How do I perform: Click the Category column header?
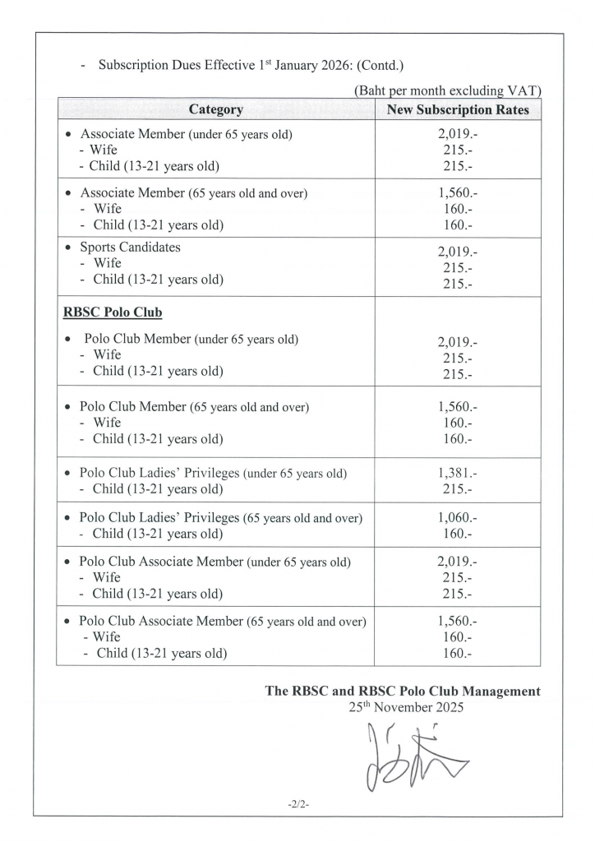(215, 109)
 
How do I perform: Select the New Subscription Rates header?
(458, 109)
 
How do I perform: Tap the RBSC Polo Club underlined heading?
(113, 312)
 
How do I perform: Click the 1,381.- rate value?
(458, 473)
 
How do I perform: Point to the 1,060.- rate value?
(458, 518)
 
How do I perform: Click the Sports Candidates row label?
(130, 247)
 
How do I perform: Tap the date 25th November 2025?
(406, 706)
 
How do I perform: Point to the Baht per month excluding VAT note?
(447, 90)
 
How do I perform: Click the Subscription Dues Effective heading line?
(251, 65)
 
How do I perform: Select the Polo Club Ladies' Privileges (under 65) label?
(213, 474)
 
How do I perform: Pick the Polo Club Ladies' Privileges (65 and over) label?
(220, 518)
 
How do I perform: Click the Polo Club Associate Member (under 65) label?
(214, 562)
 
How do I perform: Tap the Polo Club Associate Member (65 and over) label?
(222, 622)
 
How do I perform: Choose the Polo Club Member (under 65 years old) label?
(191, 339)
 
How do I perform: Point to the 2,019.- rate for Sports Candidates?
(458, 253)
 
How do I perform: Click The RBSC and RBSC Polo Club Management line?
(403, 691)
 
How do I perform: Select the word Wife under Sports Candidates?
(107, 263)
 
